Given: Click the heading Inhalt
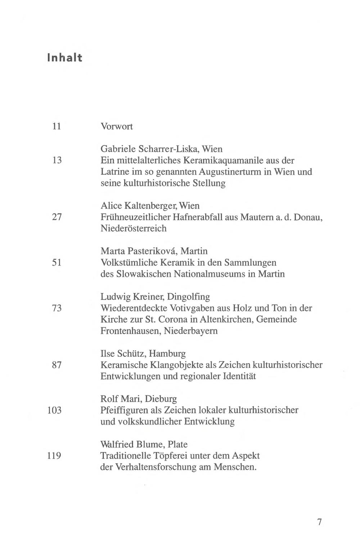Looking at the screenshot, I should [64, 58].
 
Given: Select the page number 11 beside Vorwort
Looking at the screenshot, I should [57, 126].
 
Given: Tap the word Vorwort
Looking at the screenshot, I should [117, 126].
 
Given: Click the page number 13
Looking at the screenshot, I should [57, 160].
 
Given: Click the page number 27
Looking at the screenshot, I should [57, 217].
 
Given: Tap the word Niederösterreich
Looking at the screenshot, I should [134, 228].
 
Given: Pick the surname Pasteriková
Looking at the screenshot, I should [147, 251].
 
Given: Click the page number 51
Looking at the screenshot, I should [57, 262].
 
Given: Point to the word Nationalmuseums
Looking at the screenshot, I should [209, 274].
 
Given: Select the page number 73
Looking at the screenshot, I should [57, 308].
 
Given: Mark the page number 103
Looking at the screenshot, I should [54, 410].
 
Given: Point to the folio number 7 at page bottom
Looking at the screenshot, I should [319, 522].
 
